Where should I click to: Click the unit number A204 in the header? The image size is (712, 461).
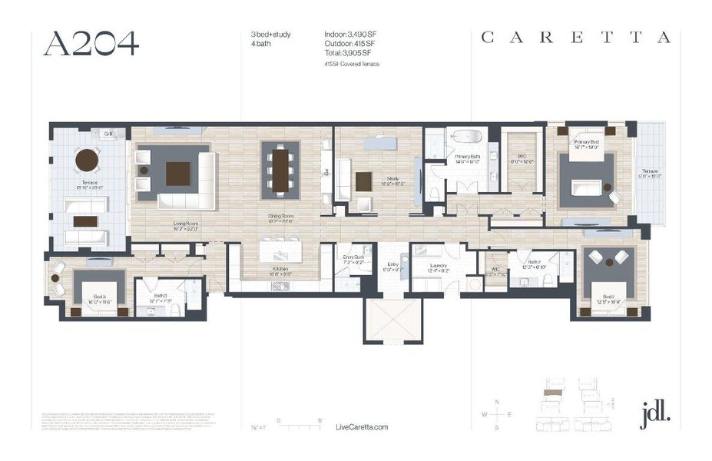click(91, 44)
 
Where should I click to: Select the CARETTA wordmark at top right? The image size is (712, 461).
click(575, 38)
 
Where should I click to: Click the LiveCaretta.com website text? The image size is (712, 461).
click(363, 427)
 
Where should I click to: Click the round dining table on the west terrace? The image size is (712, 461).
click(87, 161)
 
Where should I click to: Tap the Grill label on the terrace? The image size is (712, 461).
click(106, 134)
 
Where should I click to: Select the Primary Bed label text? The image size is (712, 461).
click(586, 142)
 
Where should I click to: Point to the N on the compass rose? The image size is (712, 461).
click(497, 403)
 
